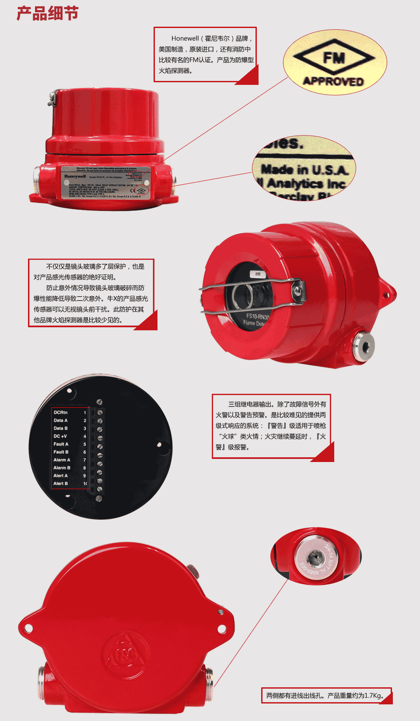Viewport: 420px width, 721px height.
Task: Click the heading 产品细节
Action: pos(48,14)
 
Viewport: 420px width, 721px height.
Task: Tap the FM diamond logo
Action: pos(334,58)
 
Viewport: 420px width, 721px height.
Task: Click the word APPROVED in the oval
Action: pos(333,81)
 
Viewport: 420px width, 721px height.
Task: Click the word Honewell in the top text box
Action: pos(185,38)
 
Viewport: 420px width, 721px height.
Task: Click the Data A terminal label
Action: pos(60,420)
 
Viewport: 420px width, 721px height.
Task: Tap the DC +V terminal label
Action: pos(60,436)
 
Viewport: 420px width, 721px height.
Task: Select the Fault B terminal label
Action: pos(61,452)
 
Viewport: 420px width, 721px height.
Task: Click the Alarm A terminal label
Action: pos(62,460)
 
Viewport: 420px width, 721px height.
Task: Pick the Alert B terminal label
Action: pos(60,483)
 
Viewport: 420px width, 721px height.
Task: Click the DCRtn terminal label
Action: pos(60,413)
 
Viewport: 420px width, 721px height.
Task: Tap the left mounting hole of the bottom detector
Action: pos(28,628)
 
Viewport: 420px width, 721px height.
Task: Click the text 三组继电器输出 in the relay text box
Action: pos(250,404)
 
